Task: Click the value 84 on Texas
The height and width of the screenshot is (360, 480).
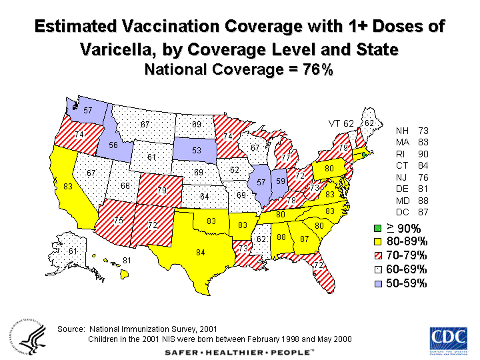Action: point(200,252)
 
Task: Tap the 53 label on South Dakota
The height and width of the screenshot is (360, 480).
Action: point(197,151)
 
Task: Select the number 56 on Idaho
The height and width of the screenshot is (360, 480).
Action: point(113,146)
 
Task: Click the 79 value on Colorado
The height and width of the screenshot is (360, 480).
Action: point(161,191)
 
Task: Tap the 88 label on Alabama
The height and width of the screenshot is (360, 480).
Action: point(282,237)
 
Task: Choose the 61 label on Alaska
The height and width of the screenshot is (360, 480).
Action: point(73,251)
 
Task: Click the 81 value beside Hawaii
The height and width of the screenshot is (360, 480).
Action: point(127,260)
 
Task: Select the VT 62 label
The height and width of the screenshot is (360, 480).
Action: point(341,123)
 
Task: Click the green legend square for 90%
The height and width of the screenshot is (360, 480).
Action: point(378,229)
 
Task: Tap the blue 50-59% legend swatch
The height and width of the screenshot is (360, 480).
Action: point(378,283)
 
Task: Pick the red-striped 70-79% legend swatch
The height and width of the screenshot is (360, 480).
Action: point(378,256)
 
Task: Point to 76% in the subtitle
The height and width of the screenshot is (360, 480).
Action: point(317,69)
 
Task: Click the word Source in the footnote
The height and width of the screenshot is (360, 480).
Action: point(71,329)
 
